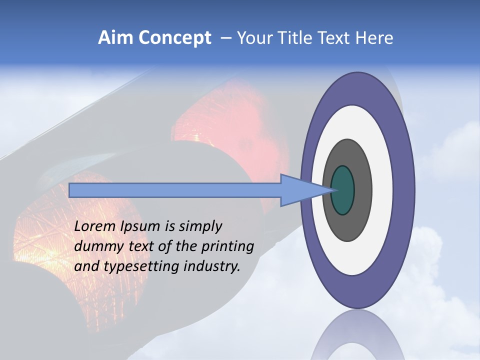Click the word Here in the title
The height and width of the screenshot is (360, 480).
click(x=374, y=37)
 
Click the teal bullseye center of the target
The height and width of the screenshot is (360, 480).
click(x=343, y=190)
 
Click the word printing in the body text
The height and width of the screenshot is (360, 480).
click(x=227, y=246)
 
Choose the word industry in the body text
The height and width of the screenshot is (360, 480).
click(x=212, y=266)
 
